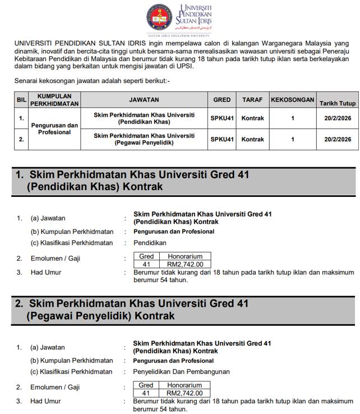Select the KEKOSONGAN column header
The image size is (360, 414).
(292, 99)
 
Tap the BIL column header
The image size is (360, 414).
(21, 100)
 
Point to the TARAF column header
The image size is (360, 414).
(252, 99)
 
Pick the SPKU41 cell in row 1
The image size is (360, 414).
(222, 118)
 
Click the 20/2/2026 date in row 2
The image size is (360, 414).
(338, 139)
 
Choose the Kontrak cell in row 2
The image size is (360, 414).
(252, 139)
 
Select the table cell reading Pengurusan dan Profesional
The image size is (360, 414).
(54, 128)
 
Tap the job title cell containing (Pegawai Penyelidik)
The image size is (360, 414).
(144, 139)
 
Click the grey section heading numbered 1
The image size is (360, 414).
(183, 181)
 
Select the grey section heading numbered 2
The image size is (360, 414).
(183, 310)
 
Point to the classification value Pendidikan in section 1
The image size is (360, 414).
(150, 243)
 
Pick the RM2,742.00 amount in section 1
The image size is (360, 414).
(185, 264)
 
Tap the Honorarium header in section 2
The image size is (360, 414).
(184, 385)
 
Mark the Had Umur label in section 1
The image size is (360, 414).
(46, 272)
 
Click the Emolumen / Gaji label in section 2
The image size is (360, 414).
(55, 387)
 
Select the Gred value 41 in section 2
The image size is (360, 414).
(146, 393)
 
